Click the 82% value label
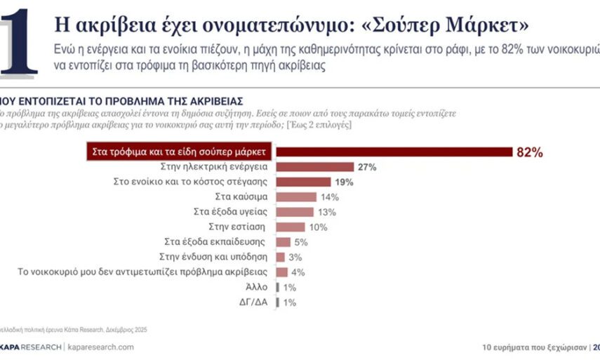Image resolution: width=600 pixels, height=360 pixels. click(x=530, y=152)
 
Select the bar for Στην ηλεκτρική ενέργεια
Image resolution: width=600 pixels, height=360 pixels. click(x=315, y=167)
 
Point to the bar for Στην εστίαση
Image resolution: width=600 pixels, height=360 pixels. click(x=291, y=227)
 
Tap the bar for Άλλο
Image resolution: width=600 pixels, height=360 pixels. click(x=279, y=287)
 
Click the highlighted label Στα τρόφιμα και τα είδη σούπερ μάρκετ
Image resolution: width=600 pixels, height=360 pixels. click(x=180, y=152)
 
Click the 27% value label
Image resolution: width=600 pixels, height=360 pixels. click(x=367, y=167)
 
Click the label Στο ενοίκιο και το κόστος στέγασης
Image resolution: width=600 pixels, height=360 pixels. click(x=192, y=182)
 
